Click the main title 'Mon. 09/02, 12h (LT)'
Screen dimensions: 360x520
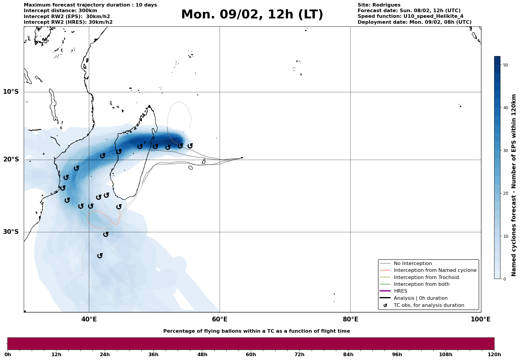252,15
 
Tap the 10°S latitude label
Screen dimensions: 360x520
11,92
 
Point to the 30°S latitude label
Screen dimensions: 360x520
11,232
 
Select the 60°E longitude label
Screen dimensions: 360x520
220,319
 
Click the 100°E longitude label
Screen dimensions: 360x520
481,319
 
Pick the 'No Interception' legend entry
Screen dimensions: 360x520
413,264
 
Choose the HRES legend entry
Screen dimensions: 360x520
400,291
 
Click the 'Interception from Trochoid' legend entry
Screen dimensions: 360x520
426,277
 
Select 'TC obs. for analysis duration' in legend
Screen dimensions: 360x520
429,305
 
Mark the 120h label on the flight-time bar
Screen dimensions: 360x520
494,354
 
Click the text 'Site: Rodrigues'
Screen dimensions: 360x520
379,5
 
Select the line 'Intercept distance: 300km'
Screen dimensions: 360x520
60,11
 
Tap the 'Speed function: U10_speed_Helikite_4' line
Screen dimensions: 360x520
410,16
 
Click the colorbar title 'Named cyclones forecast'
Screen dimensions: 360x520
514,185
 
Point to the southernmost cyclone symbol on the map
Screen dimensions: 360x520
100,256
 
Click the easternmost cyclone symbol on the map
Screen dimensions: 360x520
190,146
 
